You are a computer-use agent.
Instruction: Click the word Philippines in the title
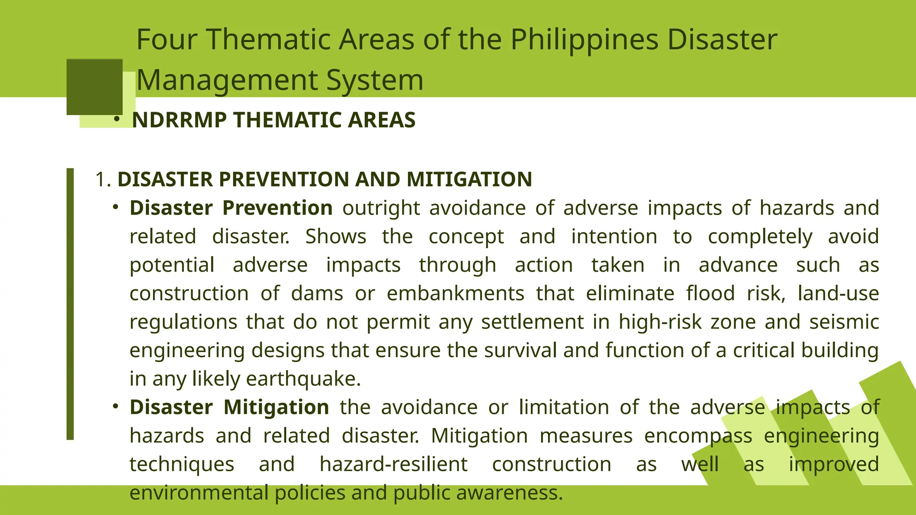[584, 40]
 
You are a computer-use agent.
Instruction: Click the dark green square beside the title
[94, 87]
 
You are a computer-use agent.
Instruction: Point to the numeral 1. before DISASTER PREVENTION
[102, 180]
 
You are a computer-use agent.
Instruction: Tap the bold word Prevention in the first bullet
[277, 208]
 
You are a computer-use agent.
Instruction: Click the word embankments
[455, 294]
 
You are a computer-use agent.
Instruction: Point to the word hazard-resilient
[394, 464]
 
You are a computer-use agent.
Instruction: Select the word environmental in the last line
[199, 493]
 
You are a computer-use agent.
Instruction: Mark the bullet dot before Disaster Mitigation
[115, 406]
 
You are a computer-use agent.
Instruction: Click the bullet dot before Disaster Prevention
[115, 207]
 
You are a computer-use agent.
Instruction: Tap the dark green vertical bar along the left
[70, 304]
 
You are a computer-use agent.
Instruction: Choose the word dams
[317, 294]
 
